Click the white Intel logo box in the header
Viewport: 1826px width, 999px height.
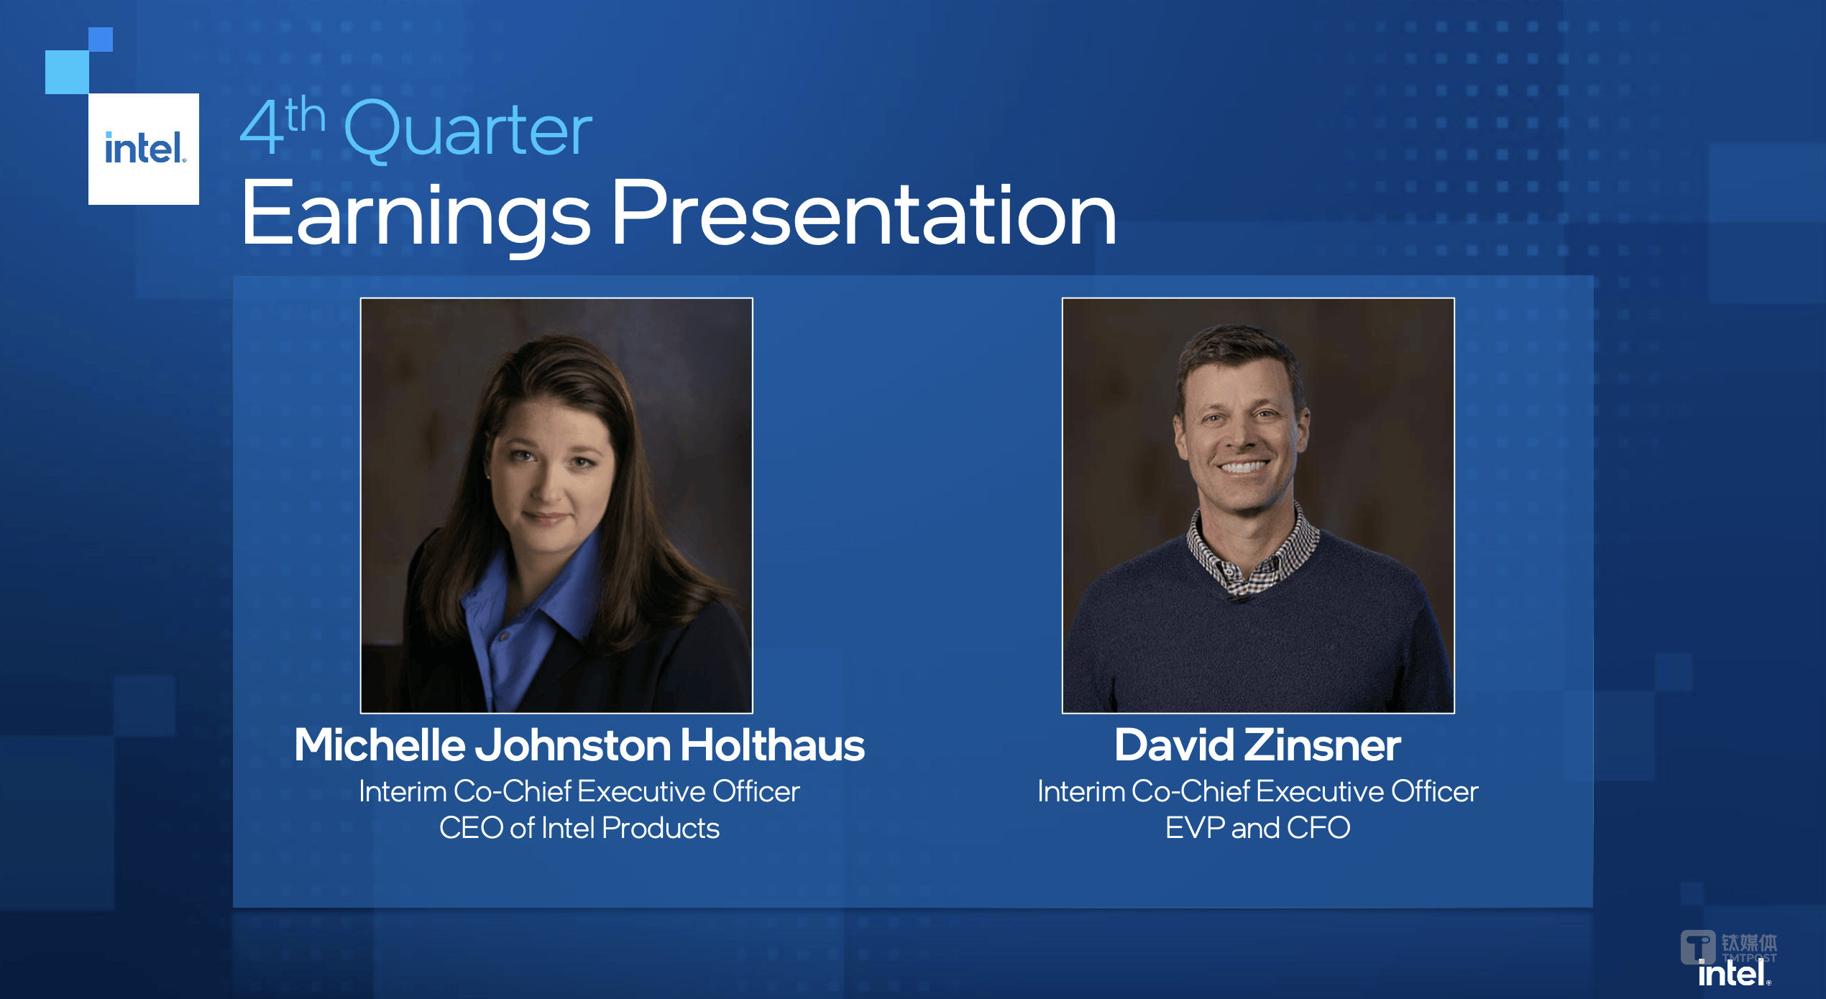144,149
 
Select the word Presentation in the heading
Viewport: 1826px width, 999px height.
863,213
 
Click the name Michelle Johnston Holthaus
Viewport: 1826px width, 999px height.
579,745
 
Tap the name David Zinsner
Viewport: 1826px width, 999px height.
1257,745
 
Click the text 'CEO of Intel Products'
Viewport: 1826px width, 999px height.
579,828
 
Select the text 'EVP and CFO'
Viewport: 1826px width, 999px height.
1257,828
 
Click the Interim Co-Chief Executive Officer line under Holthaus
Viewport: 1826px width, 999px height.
579,791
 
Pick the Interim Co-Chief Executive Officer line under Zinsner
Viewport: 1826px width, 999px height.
1257,791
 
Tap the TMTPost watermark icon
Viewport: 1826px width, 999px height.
1698,948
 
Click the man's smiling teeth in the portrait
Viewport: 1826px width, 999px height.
1243,466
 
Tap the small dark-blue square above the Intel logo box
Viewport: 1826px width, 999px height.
101,40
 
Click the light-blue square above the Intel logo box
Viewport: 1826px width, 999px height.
67,72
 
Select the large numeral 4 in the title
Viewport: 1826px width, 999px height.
262,126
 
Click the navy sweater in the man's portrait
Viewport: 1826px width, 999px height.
1258,640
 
